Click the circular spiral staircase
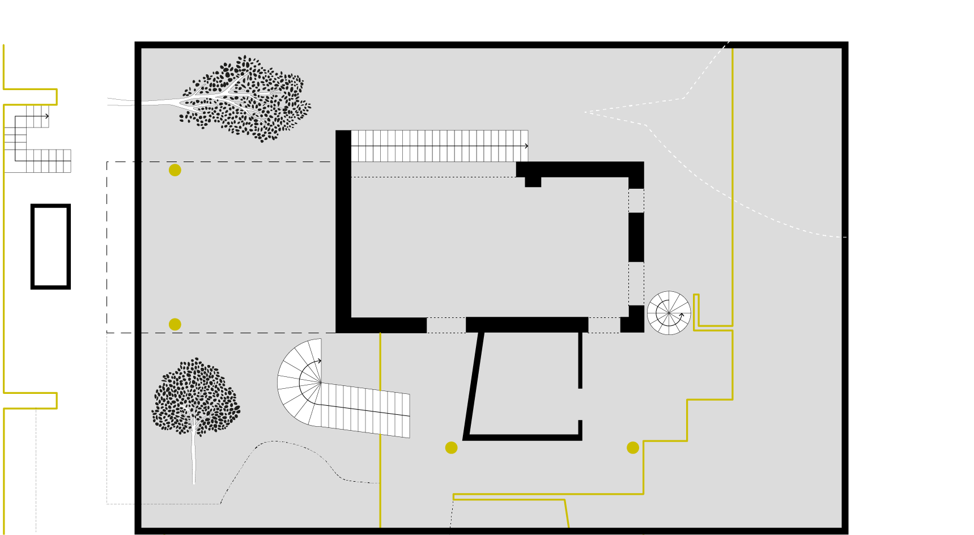[669, 313]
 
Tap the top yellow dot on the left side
[175, 170]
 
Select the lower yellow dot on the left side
[175, 324]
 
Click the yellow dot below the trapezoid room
[451, 448]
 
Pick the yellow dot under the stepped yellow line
[632, 448]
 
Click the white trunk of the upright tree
[194, 453]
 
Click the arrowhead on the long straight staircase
[526, 146]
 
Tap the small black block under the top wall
[533, 182]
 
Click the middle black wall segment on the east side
[636, 237]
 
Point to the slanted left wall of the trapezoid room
[474, 385]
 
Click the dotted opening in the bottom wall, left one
[446, 325]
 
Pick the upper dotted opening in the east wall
[636, 200]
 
